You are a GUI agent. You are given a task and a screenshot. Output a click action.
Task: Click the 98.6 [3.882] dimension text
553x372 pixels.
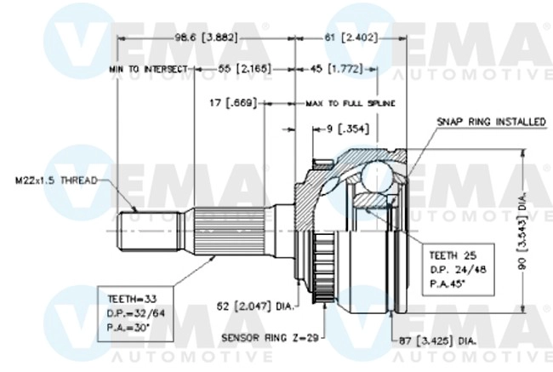206,37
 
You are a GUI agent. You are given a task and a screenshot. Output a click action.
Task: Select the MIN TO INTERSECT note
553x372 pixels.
147,66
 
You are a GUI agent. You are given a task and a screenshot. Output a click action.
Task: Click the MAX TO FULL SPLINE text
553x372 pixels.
351,103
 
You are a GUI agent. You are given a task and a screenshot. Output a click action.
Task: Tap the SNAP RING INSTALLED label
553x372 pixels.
491,123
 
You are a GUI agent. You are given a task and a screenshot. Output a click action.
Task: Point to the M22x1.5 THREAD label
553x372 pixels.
55,180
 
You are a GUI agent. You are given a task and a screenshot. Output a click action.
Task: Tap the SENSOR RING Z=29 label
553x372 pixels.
269,338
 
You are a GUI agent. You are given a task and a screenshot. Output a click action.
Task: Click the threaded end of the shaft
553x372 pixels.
133,231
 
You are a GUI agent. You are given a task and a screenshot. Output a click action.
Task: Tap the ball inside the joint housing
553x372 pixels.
375,176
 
